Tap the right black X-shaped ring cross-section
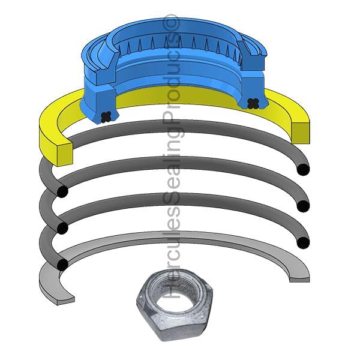pos(252,103)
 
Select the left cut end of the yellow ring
pos(65,154)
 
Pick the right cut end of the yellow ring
pos(301,133)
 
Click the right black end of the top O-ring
pos(303,170)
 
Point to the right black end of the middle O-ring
pos(303,206)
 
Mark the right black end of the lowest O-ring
pos(303,242)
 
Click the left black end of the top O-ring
pos(62,191)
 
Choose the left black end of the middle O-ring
pos(62,228)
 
